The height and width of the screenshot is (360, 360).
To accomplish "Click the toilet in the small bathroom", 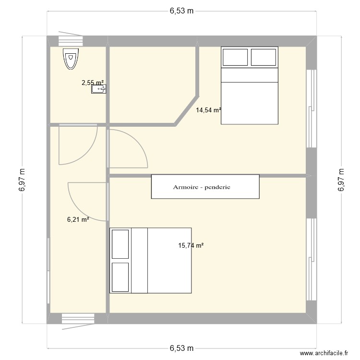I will coord(71,59).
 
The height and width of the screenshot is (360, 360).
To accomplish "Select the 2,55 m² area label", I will coord(92,83).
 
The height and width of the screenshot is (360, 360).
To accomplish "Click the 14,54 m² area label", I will coord(208,110).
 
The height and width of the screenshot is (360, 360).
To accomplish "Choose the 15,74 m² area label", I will coord(191,245).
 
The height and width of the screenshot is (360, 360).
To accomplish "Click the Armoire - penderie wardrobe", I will coord(205,187).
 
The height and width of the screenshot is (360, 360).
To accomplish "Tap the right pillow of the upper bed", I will coord(264,57).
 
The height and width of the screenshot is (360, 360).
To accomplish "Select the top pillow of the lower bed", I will coord(120,244).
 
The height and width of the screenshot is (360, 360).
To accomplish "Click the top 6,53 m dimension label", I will coord(181,12).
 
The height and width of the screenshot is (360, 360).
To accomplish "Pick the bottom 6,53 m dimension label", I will coord(181,348).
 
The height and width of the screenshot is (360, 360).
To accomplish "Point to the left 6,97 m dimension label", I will coord(22,180).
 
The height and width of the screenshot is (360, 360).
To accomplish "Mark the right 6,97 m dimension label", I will coord(341,180).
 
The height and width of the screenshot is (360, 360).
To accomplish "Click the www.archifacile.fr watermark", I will coord(323,353).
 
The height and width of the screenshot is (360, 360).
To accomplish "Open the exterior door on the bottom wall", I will coord(78,319).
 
